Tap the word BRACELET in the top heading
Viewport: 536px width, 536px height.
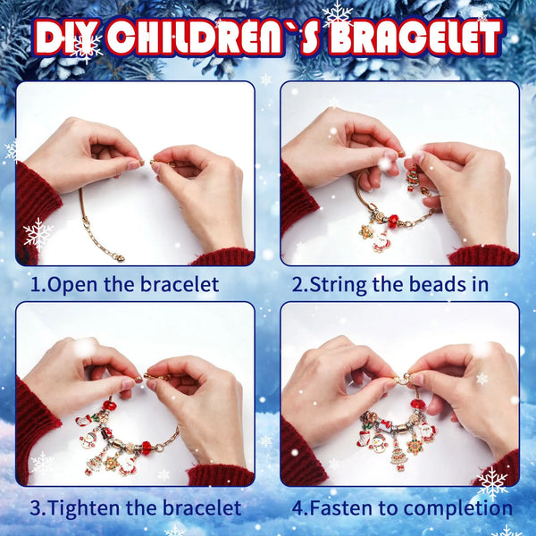[415, 37]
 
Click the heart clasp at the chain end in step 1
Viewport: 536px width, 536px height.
[120, 257]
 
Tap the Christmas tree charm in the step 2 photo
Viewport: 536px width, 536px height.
[413, 178]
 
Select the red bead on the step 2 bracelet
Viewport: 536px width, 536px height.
[394, 222]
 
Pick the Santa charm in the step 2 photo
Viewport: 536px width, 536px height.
[380, 242]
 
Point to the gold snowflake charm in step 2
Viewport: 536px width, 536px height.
[365, 231]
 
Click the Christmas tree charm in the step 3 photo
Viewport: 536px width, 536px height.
[95, 462]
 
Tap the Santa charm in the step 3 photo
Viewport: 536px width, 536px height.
[128, 465]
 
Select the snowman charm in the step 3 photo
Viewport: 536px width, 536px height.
[88, 440]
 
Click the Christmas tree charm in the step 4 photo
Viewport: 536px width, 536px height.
[398, 456]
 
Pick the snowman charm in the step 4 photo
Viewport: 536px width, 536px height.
[378, 443]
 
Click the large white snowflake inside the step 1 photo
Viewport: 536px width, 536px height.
[38, 234]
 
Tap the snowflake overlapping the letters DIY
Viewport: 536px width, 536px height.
[86, 47]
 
